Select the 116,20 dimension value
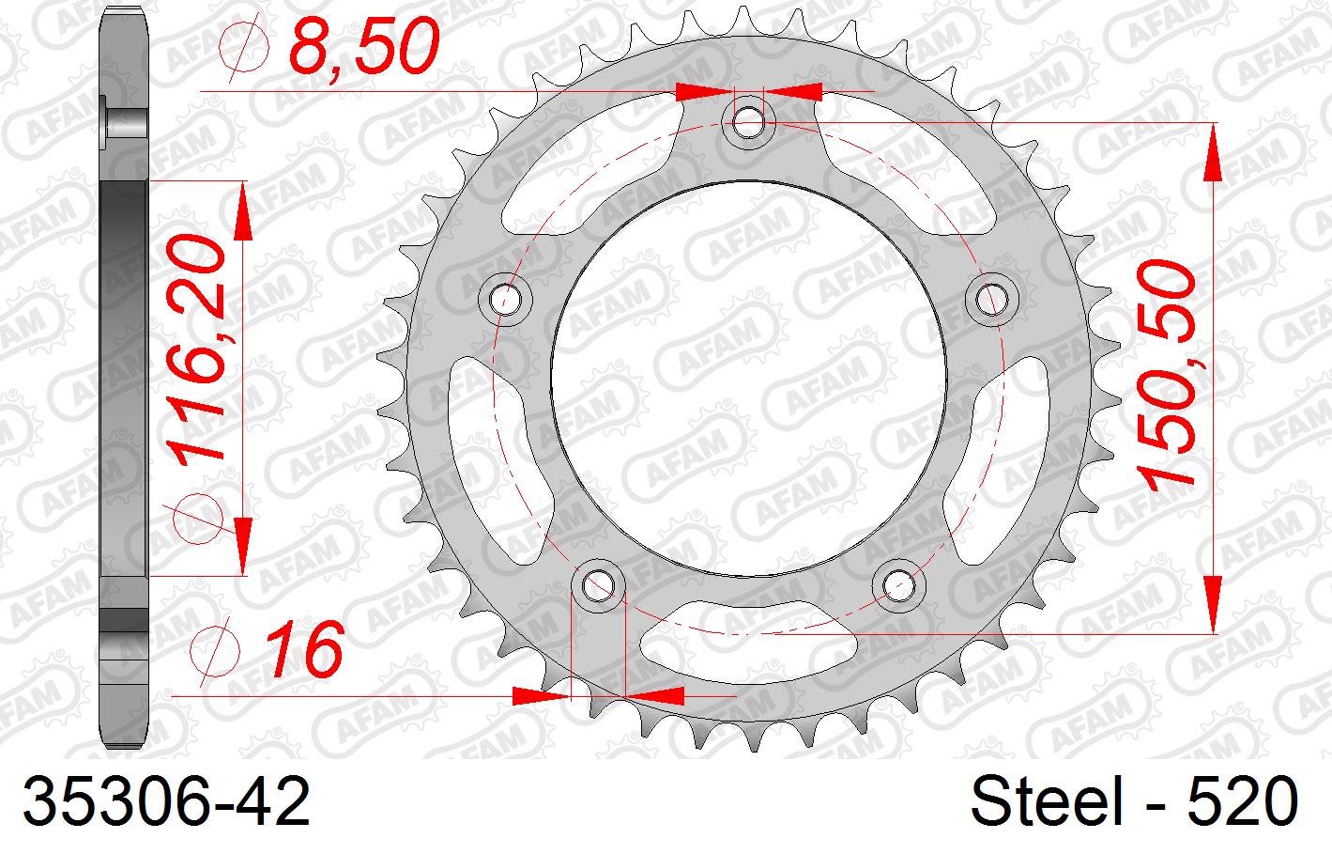[199, 348]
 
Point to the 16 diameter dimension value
[303, 650]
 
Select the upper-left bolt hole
[505, 299]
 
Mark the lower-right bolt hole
[897, 585]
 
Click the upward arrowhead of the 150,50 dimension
[1214, 150]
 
